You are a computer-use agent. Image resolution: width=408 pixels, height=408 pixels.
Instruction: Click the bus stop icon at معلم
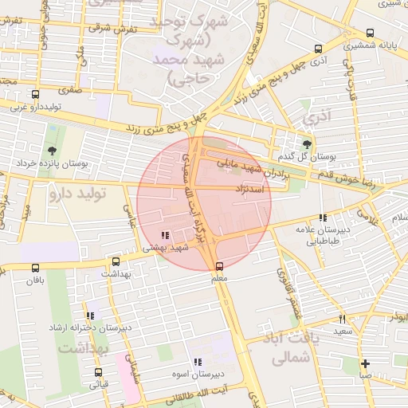220,266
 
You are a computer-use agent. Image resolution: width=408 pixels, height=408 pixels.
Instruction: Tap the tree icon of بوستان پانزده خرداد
52,150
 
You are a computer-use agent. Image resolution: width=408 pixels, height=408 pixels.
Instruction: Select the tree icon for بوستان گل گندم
308,140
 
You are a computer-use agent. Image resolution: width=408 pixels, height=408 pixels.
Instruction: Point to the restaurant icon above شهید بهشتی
165,235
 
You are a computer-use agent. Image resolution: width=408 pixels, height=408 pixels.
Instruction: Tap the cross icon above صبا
365,363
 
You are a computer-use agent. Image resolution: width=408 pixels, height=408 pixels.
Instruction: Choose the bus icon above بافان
33,268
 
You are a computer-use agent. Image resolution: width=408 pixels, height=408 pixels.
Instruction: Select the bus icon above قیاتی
99,371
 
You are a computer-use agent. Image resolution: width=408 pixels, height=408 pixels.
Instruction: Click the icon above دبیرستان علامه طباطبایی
322,218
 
